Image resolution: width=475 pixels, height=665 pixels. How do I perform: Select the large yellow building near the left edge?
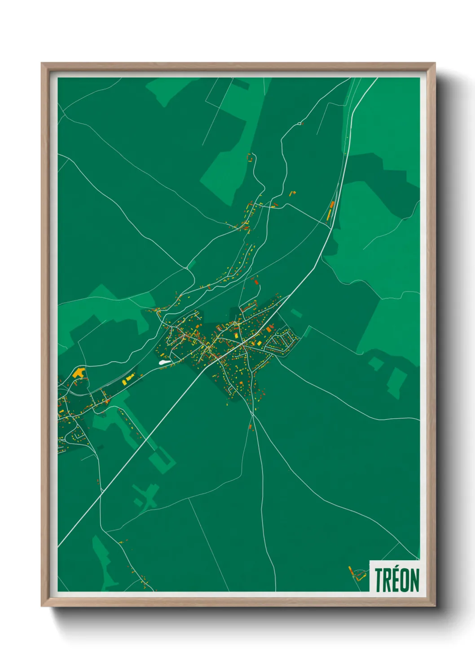pyautogui.click(x=79, y=372)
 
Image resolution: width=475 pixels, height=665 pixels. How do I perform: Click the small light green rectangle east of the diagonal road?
pyautogui.click(x=296, y=313)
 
